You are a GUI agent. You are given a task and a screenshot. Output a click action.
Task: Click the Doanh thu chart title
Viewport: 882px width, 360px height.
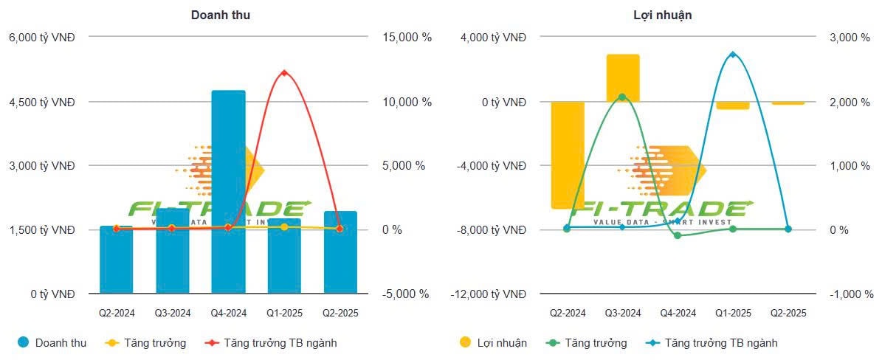220,15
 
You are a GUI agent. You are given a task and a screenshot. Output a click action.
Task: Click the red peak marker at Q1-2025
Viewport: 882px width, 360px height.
284,72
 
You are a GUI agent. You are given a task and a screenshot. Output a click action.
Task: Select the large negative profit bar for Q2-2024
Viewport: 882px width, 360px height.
568,155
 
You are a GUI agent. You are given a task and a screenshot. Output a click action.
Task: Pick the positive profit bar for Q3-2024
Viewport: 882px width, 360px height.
623,77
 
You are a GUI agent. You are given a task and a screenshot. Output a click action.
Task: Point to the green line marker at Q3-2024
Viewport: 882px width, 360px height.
622,97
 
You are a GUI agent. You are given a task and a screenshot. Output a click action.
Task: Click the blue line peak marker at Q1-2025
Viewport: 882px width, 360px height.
733,55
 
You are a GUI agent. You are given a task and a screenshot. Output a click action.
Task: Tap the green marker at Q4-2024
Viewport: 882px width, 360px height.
678,235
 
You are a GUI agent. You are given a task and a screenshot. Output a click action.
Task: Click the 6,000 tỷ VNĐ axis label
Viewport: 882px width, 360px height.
41,38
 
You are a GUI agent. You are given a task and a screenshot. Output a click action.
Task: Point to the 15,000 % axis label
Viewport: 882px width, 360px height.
407,38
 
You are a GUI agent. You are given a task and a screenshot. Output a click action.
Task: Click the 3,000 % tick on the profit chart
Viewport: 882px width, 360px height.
850,38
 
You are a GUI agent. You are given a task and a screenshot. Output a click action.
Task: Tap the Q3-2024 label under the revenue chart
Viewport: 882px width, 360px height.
173,313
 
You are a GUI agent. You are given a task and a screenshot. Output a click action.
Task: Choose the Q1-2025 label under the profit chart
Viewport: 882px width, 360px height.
733,313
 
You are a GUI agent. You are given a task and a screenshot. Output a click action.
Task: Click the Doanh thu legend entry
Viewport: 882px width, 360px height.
52,343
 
